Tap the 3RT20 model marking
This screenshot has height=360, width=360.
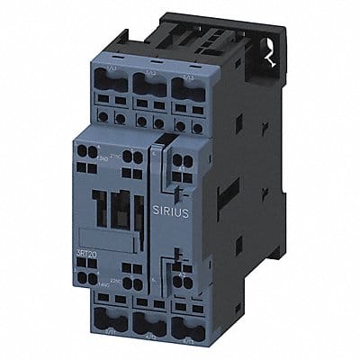pyautogui.click(x=86, y=235)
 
